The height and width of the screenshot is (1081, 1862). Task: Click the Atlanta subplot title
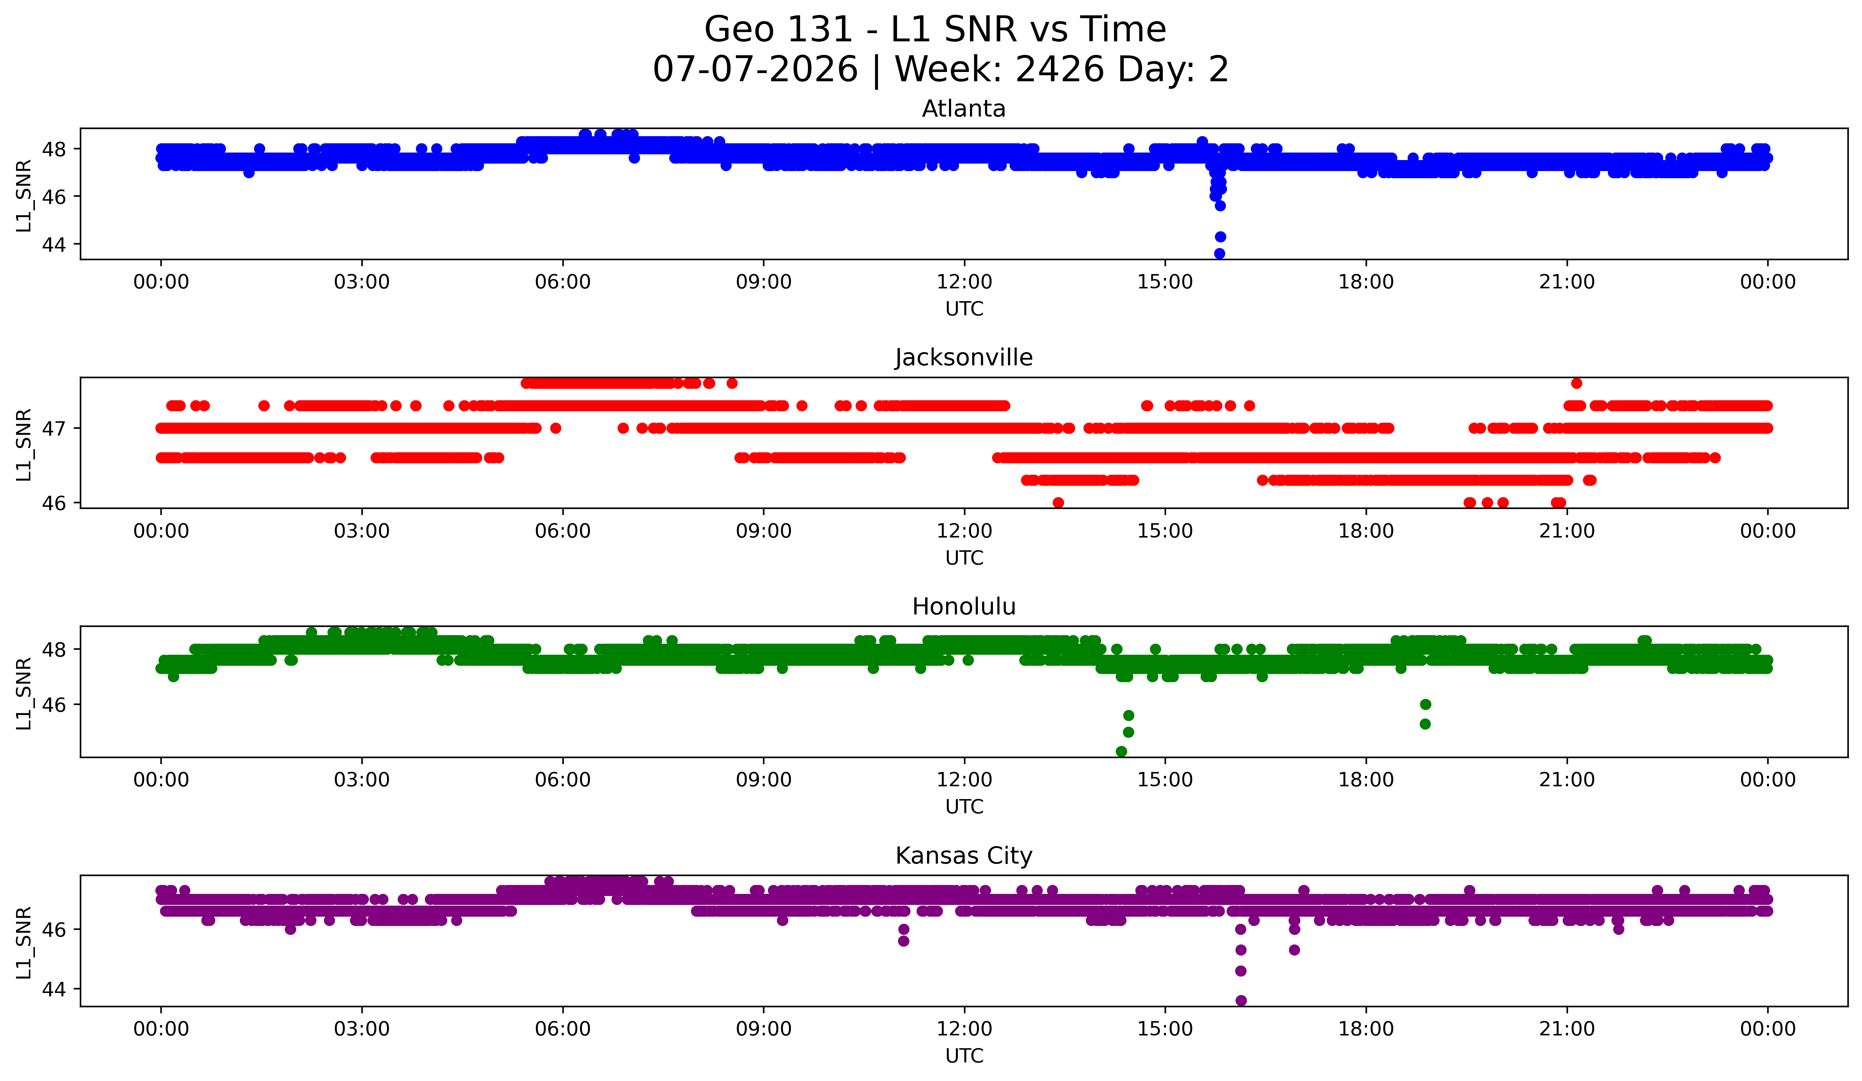pyautogui.click(x=964, y=109)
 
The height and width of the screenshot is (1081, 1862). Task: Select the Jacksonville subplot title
pyautogui.click(x=964, y=357)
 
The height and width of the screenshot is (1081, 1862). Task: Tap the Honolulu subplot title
pyautogui.click(x=964, y=607)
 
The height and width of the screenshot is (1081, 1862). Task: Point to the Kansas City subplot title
pyautogui.click(x=964, y=856)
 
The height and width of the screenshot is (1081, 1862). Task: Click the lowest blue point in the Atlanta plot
pyautogui.click(x=1219, y=253)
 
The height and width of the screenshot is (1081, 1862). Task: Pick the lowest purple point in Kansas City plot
pyautogui.click(x=1241, y=1000)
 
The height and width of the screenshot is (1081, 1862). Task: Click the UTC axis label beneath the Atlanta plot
pyautogui.click(x=964, y=309)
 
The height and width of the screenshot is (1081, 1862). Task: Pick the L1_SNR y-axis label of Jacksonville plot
pyautogui.click(x=24, y=444)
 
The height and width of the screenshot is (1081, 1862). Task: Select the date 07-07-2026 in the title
pyautogui.click(x=755, y=70)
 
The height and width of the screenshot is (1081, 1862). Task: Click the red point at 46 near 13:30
pyautogui.click(x=1058, y=503)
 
